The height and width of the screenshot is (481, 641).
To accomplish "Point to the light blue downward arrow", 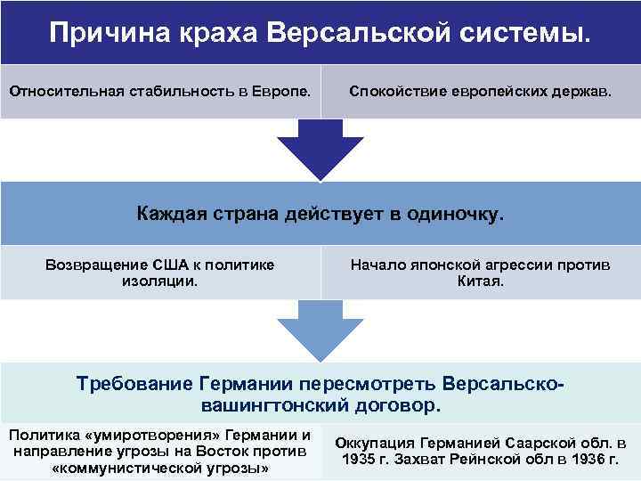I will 320,331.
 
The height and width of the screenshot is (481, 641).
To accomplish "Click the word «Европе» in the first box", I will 286,90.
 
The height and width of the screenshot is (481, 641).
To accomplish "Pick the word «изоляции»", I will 159,281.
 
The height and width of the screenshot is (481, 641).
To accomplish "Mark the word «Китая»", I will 480,281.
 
